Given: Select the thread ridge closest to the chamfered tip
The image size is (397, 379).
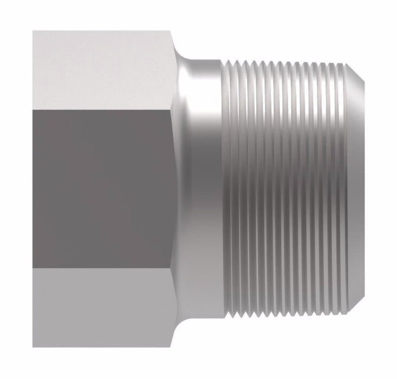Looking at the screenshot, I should pos(343,190).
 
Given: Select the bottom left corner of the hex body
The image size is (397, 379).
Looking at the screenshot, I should pos(34,347).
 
